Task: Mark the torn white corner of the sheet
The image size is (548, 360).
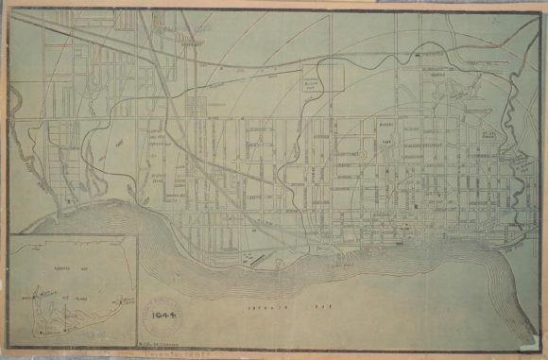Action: (x=539, y=8)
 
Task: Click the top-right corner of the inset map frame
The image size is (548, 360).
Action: (x=138, y=236)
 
